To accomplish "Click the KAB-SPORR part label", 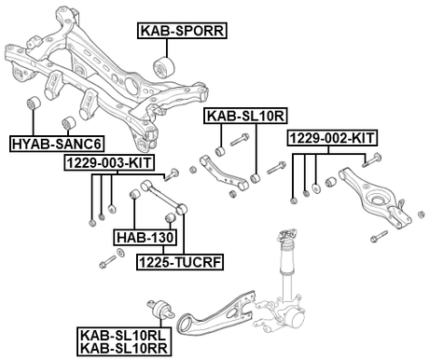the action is [182, 31].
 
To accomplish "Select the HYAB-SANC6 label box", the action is [57, 144].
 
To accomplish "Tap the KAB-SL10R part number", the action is [245, 116].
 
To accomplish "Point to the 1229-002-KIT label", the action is [332, 138].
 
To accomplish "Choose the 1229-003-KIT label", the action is [109, 162].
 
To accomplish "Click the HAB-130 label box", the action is [145, 238].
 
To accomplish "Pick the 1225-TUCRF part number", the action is [180, 262].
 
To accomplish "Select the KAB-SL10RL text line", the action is [123, 336].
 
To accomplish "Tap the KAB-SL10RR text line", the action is [124, 348].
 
